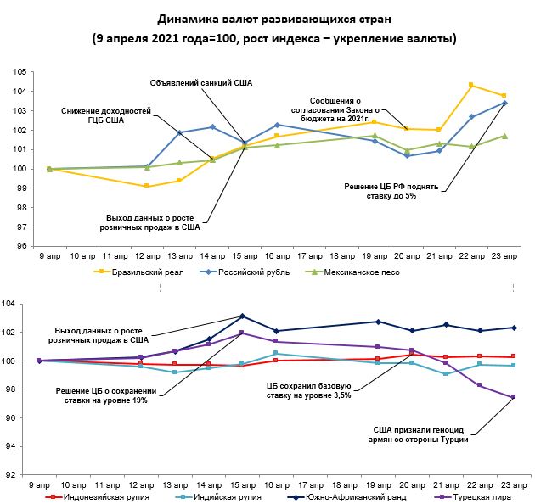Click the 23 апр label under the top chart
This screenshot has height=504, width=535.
click(x=504, y=255)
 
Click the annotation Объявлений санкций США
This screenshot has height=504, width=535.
click(x=201, y=82)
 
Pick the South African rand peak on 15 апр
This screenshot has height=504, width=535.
click(x=243, y=316)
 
